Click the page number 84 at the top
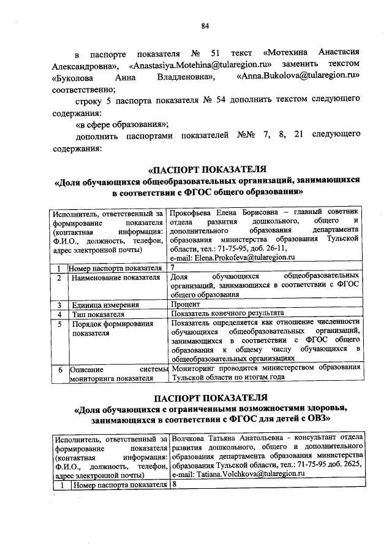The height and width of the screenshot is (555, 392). [x=205, y=26]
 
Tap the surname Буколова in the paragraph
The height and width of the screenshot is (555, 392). [x=75, y=77]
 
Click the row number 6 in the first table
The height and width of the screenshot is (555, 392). [x=59, y=369]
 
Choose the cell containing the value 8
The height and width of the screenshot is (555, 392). [x=175, y=484]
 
